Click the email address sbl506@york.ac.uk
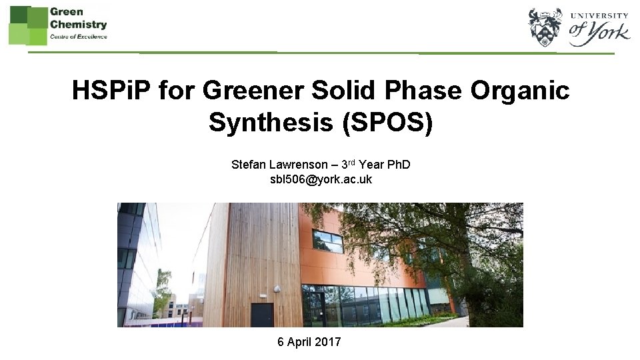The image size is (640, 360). pyautogui.click(x=320, y=180)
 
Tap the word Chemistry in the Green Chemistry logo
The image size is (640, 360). pyautogui.click(x=78, y=24)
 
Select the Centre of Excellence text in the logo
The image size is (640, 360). pyautogui.click(x=78, y=36)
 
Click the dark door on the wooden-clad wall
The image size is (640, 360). pyautogui.click(x=262, y=315)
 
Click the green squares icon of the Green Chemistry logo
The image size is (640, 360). pyautogui.click(x=27, y=24)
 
